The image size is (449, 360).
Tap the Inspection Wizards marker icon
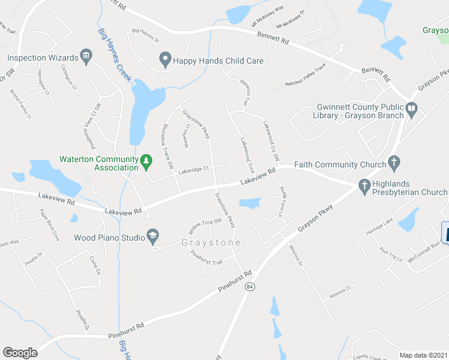pyautogui.click(x=86, y=58)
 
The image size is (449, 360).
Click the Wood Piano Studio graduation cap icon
pyautogui.click(x=153, y=237)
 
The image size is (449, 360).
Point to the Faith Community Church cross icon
pyautogui.click(x=394, y=161)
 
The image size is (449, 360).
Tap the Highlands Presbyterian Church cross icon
pyautogui.click(x=364, y=187)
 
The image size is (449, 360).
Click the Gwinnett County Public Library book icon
pyautogui.click(x=411, y=110)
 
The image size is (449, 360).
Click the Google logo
pyautogui.click(x=20, y=353)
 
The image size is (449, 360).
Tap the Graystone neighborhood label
pyautogui.click(x=211, y=243)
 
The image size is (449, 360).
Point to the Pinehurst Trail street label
pyautogui.click(x=206, y=258)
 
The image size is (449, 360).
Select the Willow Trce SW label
pyautogui.click(x=205, y=226)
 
